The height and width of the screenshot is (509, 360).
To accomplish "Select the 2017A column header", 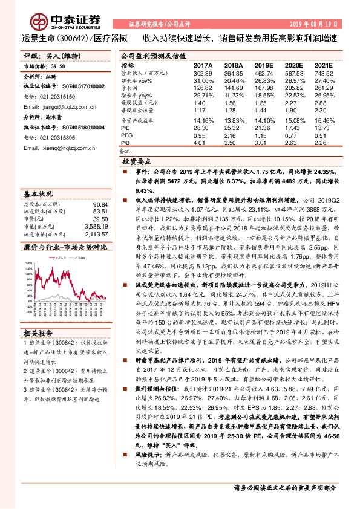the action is point(202,65).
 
